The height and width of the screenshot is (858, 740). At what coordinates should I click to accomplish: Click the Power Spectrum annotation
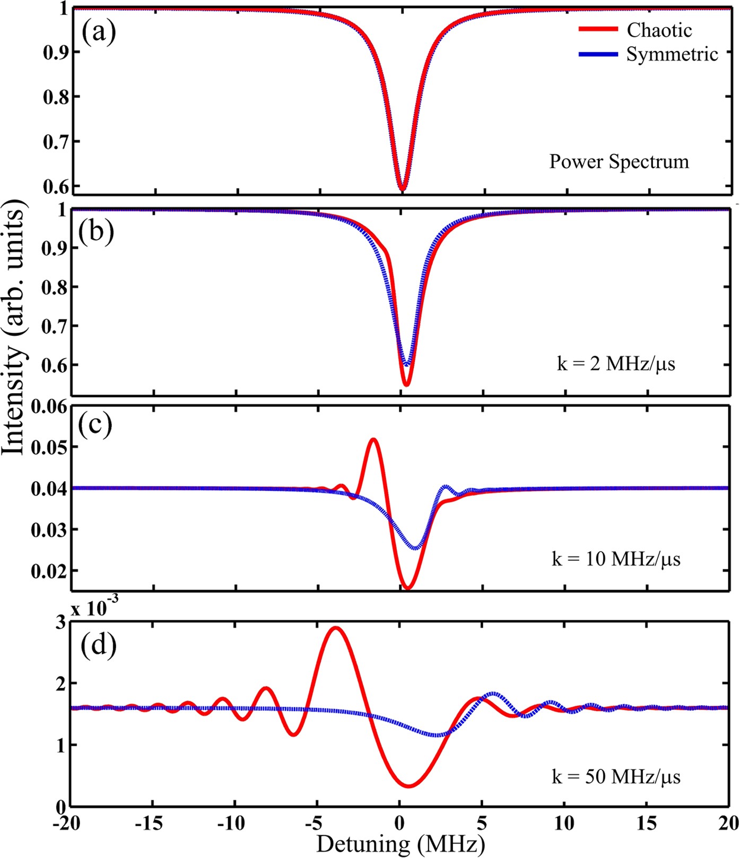pyautogui.click(x=619, y=161)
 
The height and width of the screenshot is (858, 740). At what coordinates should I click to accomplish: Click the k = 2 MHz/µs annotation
pyautogui.click(x=616, y=365)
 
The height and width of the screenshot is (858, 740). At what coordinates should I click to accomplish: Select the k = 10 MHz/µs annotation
pyautogui.click(x=616, y=559)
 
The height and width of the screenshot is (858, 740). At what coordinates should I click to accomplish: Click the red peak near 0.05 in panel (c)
pyautogui.click(x=373, y=439)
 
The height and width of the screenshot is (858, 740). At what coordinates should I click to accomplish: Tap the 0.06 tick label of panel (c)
pyautogui.click(x=50, y=407)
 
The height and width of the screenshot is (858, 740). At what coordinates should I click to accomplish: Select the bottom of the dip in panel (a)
pyautogui.click(x=403, y=189)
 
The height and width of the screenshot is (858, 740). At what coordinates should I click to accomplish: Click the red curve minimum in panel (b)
pyautogui.click(x=406, y=385)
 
